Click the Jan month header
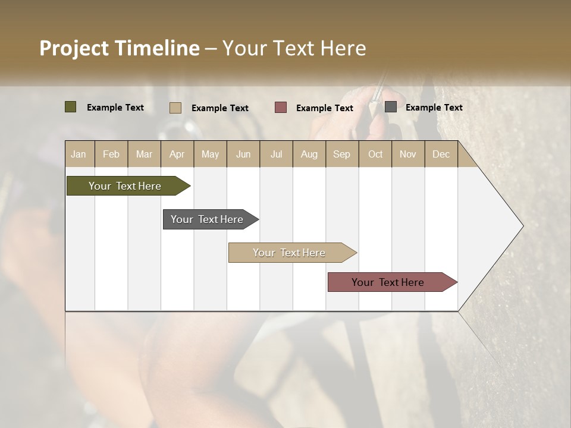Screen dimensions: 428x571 [79, 155]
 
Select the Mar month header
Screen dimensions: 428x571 [144, 155]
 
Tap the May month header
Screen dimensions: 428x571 [210, 155]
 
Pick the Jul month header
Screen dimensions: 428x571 [276, 155]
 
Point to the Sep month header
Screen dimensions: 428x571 [341, 155]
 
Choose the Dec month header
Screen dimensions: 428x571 [441, 155]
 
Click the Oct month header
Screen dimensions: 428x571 [375, 155]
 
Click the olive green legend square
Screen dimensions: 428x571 [70, 107]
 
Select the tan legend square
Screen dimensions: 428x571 [175, 108]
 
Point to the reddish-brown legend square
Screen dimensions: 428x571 [281, 108]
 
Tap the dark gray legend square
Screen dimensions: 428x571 [391, 107]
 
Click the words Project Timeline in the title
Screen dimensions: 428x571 [119, 48]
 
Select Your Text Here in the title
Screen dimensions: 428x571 [294, 48]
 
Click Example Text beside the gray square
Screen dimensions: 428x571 [434, 108]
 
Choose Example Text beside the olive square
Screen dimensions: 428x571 [115, 108]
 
